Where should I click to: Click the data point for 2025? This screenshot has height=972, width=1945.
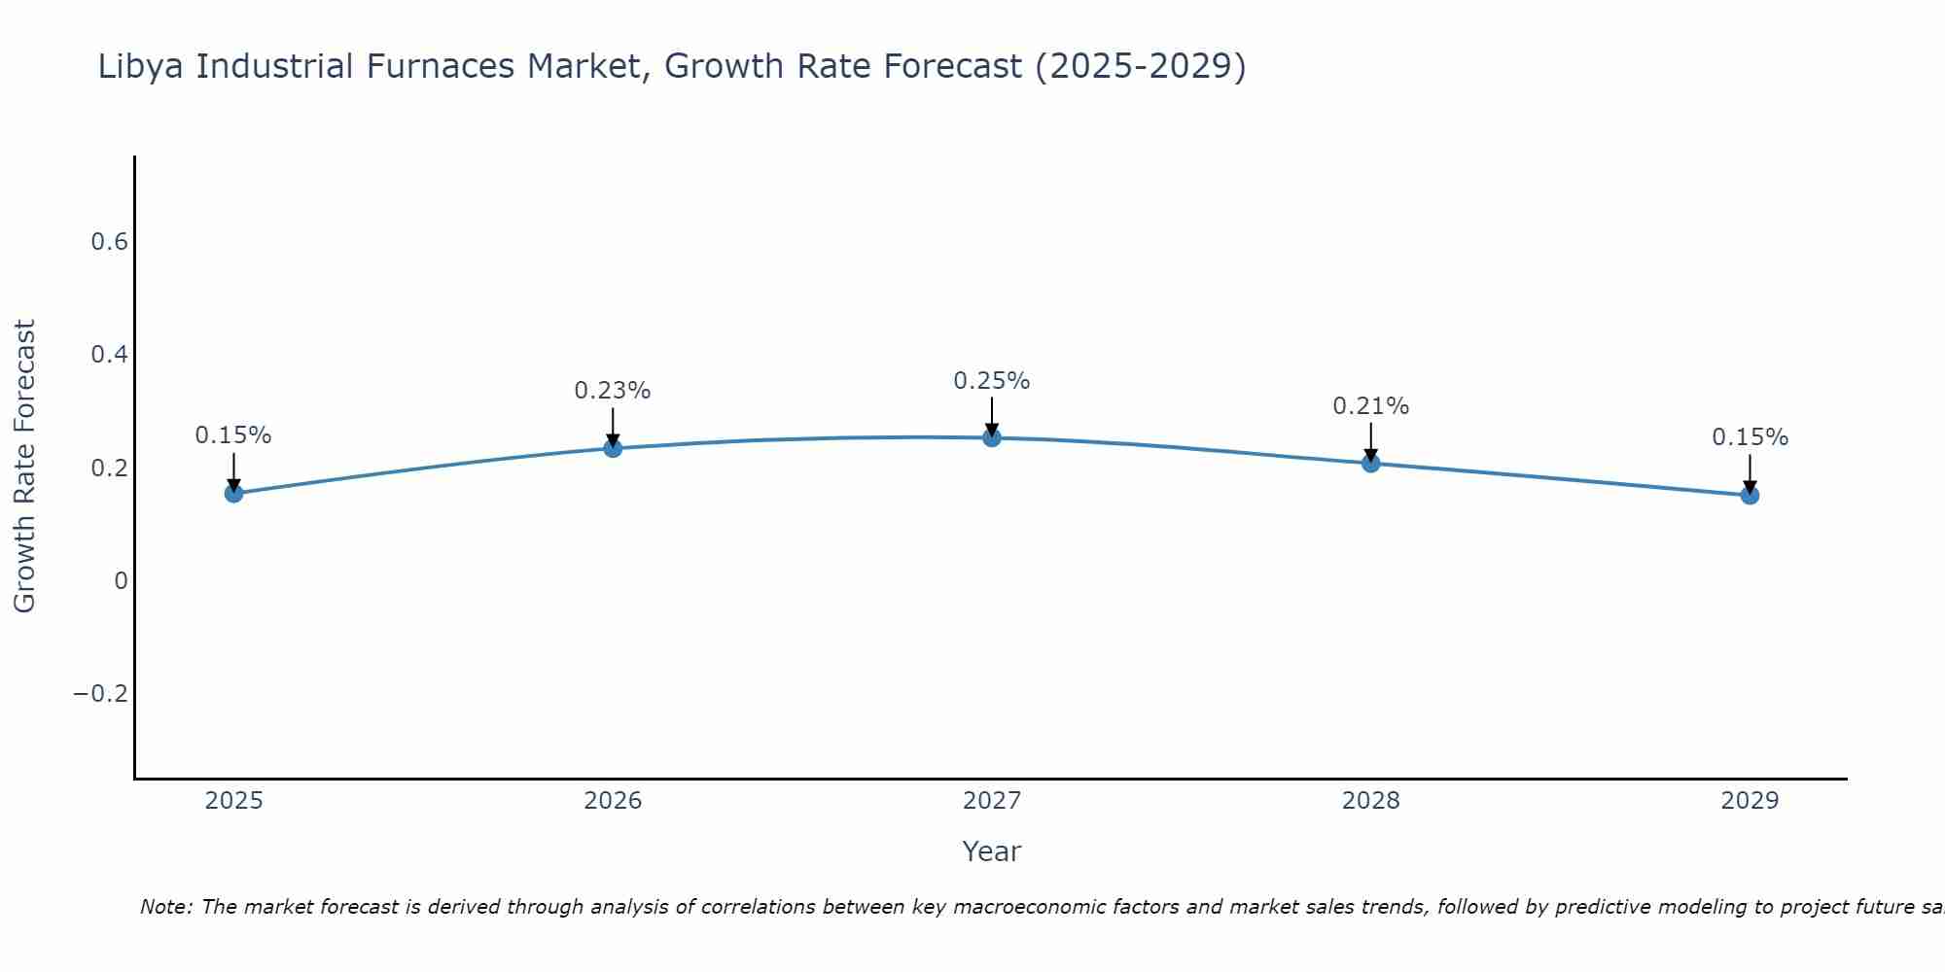click(233, 493)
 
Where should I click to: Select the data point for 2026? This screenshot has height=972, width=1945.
click(613, 448)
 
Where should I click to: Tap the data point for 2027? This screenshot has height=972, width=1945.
click(991, 437)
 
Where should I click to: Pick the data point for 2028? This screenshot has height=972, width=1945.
click(1370, 463)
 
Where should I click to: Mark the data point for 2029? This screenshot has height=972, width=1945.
click(1750, 495)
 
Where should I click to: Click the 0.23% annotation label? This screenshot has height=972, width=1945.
click(612, 391)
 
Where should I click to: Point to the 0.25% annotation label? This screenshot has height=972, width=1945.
click(991, 381)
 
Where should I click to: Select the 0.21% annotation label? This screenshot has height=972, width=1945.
click(1370, 406)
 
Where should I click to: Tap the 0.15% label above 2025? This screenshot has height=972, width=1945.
click(233, 435)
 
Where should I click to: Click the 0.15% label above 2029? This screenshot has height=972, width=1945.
click(1750, 437)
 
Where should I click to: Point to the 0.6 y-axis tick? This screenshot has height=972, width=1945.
click(109, 242)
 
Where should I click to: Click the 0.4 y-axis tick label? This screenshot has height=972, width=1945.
click(109, 355)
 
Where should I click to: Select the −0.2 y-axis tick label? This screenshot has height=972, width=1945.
click(100, 694)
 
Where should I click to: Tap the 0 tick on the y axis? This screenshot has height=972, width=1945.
click(121, 581)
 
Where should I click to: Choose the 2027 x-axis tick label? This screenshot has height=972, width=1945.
click(991, 801)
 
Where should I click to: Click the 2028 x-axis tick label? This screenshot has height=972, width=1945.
click(1370, 801)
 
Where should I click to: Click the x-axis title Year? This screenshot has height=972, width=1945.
click(991, 852)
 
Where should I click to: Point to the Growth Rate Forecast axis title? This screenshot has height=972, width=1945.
click(24, 467)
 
